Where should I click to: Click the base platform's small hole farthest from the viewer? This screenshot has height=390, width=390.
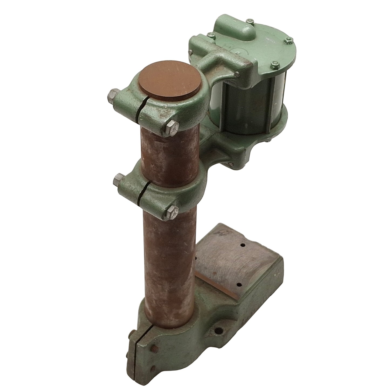(x=243, y=245)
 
